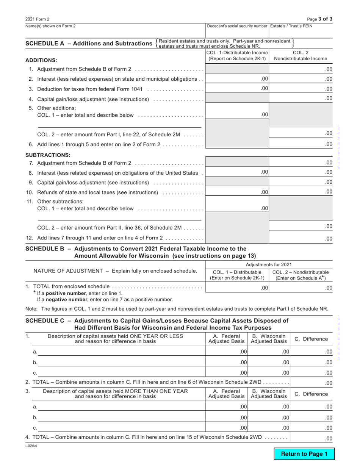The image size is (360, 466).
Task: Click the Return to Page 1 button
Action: (304, 454)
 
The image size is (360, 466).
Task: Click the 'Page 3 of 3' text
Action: (320, 19)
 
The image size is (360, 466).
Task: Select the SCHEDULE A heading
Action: (89, 44)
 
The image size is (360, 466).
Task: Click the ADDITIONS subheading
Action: (41, 60)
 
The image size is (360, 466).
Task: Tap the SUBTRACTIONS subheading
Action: (48, 155)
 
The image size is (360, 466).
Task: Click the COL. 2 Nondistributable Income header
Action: (301, 56)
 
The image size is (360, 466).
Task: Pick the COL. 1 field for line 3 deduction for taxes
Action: (237, 89)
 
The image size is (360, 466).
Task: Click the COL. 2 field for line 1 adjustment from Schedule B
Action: (301, 69)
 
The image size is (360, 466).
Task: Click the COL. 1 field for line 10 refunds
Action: (237, 192)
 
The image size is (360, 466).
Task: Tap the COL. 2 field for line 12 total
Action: (301, 238)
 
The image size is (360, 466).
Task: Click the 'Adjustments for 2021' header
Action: (269, 264)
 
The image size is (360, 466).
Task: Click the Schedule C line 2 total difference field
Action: (311, 383)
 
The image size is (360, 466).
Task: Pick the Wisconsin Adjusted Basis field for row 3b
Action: (268, 418)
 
